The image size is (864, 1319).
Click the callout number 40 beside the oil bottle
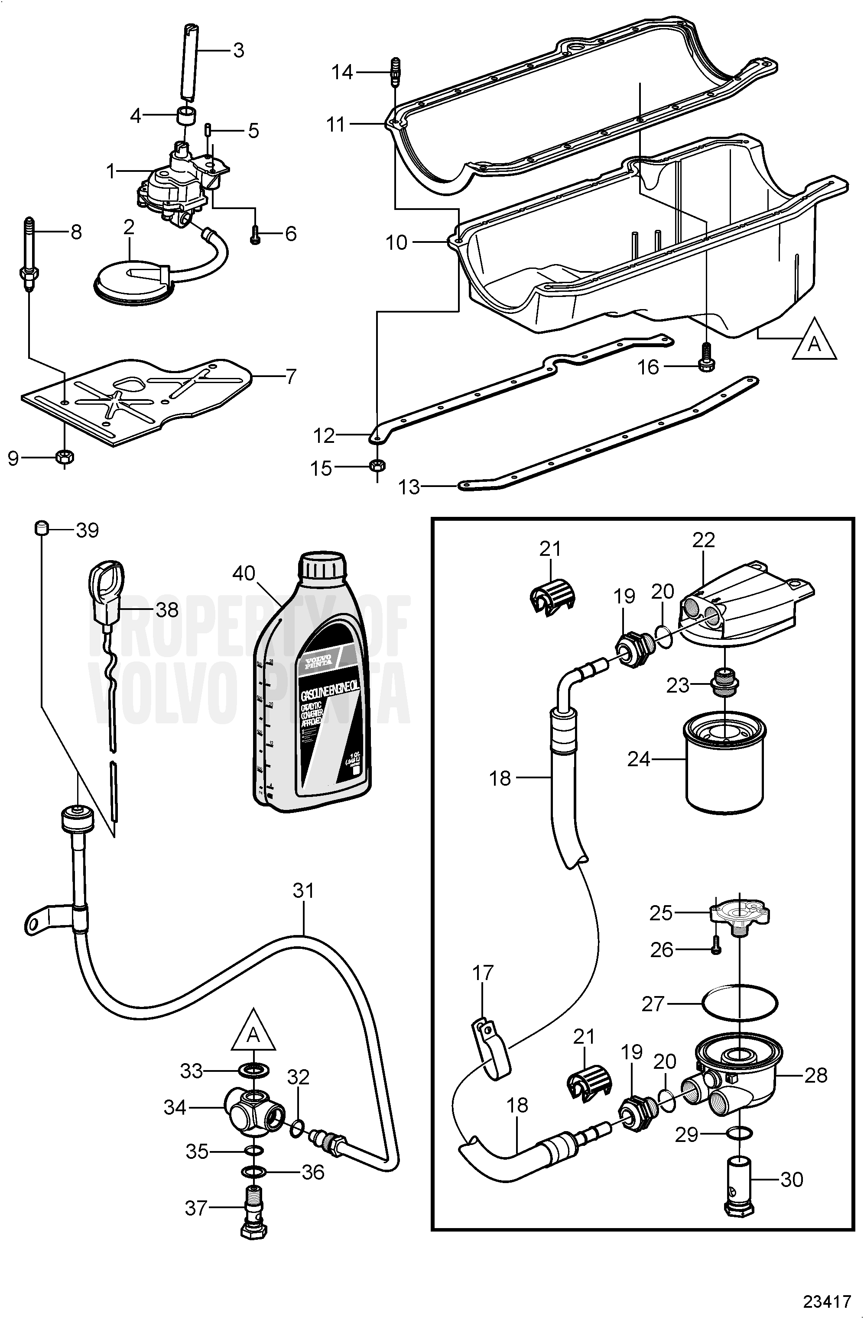coord(243,573)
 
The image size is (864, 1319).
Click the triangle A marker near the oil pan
coord(814,340)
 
